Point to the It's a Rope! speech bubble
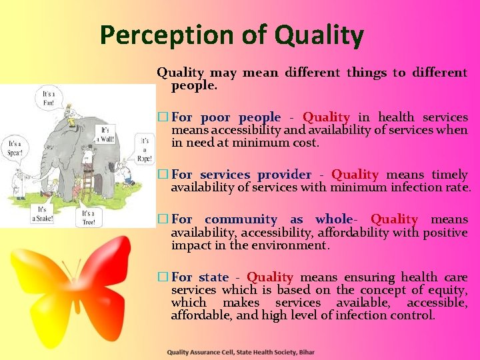[x=144, y=149]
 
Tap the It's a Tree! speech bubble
[x=89, y=217]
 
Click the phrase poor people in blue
[x=241, y=117]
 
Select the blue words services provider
[x=255, y=175]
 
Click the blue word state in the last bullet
[x=213, y=277]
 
